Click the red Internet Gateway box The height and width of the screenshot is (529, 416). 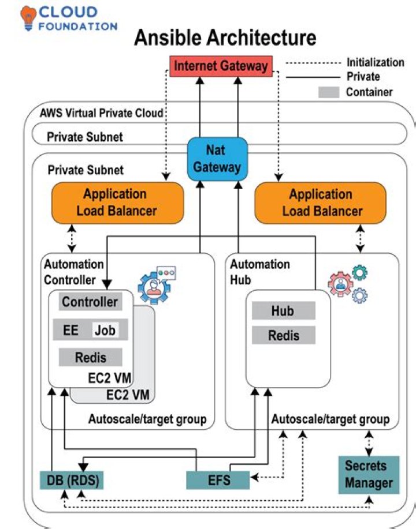pos(221,66)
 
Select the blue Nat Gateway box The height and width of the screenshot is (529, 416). pos(217,158)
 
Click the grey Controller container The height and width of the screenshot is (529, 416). pos(90,302)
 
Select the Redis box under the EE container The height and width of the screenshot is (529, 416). pos(91,358)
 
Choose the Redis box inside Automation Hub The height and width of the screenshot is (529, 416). pos(283,335)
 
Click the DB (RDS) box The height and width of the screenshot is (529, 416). pos(72,480)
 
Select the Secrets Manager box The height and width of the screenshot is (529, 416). pos(369,474)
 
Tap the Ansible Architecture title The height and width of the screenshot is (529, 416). pos(225,38)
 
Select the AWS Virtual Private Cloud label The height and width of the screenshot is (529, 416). pos(102,113)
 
